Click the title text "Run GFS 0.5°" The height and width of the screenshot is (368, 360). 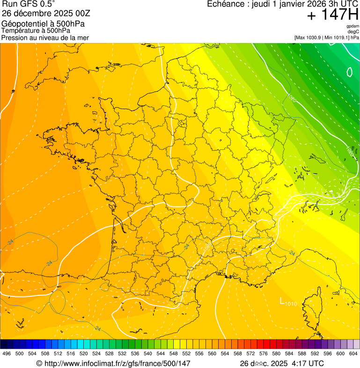pyautogui.click(x=29, y=5)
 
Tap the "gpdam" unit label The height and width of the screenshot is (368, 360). pyautogui.click(x=353, y=26)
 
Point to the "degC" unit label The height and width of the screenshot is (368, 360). pyautogui.click(x=353, y=32)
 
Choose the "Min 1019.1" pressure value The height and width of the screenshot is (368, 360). pyautogui.click(x=338, y=37)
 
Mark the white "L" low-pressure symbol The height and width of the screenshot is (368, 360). pyautogui.click(x=282, y=301)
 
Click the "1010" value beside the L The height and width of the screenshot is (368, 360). pyautogui.click(x=291, y=304)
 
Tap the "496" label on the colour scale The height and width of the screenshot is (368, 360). pyautogui.click(x=7, y=353)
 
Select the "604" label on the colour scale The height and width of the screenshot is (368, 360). pyautogui.click(x=353, y=353)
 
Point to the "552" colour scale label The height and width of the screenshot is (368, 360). pyautogui.click(x=186, y=353)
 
